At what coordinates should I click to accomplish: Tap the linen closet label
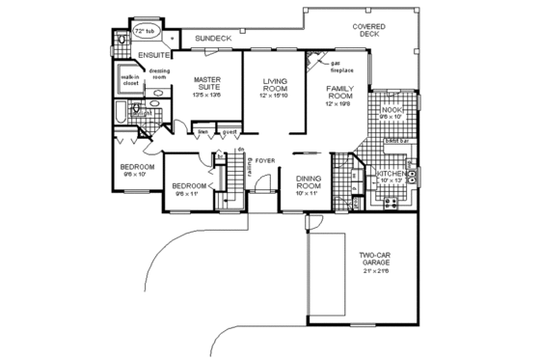(x=203, y=131)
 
